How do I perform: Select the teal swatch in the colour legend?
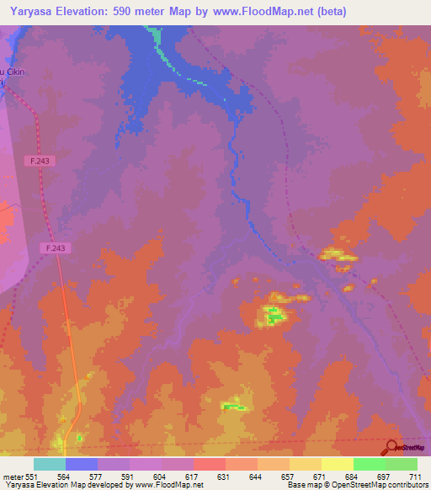point(50,463)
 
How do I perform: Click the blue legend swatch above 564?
point(82,463)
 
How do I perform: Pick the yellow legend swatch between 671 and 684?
point(338,463)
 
